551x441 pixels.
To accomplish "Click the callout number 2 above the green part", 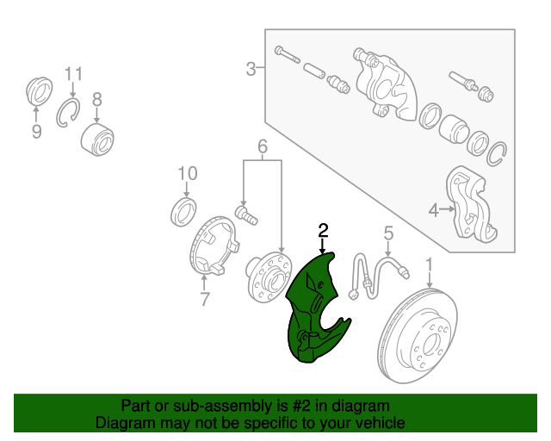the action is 323,230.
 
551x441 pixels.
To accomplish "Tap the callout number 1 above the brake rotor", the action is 429,266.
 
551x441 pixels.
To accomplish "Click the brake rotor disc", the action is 417,336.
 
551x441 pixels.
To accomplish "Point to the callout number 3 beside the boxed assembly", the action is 251,69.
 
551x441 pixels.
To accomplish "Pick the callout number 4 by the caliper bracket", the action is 434,211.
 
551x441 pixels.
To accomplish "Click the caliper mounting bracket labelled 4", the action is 471,204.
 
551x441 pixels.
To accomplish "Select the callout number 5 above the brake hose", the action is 388,233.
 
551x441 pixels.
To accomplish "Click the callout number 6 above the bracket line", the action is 263,146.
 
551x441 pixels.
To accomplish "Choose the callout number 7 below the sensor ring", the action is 205,299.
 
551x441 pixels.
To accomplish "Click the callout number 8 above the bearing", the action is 97,99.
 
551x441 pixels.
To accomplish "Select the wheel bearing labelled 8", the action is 97,140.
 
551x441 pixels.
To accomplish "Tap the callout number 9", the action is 36,132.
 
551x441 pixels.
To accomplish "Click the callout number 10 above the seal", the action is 188,173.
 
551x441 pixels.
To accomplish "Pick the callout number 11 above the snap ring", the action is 73,74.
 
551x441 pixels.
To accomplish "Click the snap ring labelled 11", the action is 67,113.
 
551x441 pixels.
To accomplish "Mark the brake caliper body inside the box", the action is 386,85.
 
